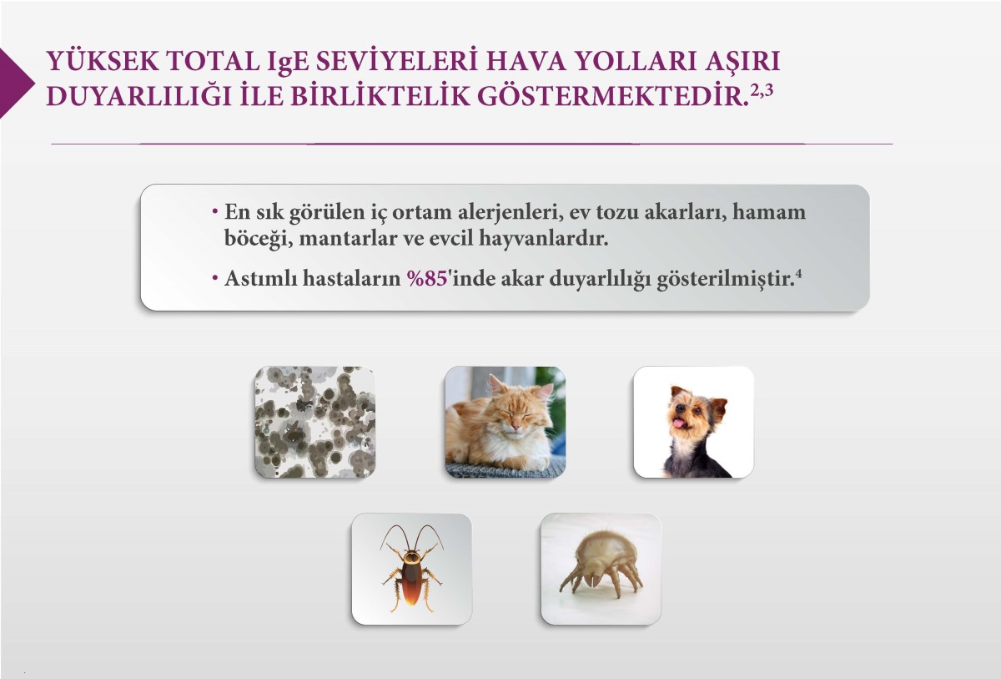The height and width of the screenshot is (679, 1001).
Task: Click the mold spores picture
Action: click(314, 422)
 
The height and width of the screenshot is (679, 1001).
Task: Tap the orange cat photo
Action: click(505, 422)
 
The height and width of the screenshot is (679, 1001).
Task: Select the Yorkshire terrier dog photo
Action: click(693, 422)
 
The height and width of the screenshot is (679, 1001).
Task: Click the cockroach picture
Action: click(411, 569)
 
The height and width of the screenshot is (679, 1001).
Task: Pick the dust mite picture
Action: click(601, 569)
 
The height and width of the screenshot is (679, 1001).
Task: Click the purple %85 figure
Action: click(427, 279)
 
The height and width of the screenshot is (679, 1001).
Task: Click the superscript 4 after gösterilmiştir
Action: click(798, 274)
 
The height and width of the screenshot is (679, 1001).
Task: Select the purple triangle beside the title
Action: click(14, 82)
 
